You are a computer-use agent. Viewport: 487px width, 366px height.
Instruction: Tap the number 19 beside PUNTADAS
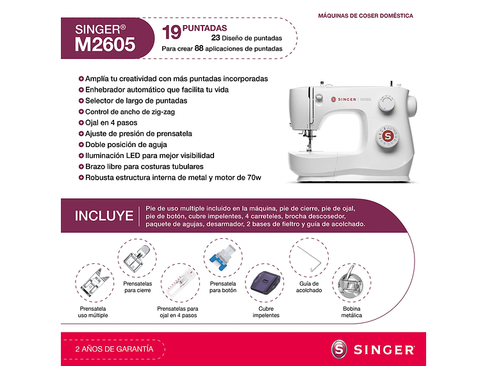[171, 32]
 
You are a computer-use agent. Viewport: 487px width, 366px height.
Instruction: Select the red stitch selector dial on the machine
[388, 135]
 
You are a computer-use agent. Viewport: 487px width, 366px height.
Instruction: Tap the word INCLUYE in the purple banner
[104, 216]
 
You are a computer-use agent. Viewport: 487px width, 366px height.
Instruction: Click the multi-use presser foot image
[93, 283]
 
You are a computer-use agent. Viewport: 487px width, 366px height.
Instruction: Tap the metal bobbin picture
[351, 283]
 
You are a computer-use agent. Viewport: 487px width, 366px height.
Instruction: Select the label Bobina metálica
[352, 312]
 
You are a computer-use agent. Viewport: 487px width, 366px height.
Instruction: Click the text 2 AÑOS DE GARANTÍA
[114, 349]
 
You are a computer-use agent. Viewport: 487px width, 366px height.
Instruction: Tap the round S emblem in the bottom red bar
[340, 349]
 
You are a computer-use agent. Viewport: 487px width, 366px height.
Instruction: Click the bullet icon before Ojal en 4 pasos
[81, 123]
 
